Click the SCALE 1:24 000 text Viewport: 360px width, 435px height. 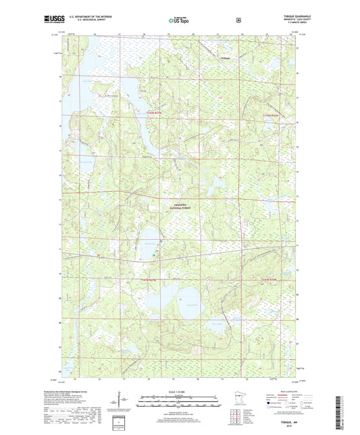pyautogui.click(x=178, y=394)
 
